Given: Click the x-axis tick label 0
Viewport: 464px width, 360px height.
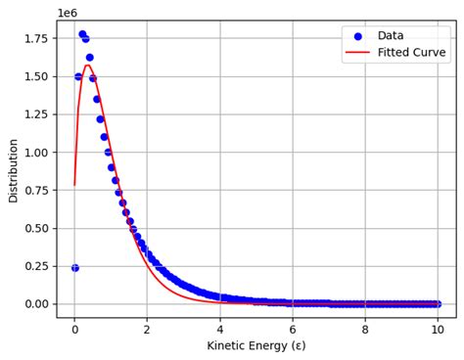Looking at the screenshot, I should click(x=74, y=330).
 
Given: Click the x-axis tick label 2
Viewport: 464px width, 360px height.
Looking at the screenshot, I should click(x=147, y=330).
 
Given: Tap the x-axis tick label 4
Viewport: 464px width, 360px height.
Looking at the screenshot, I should click(x=220, y=330).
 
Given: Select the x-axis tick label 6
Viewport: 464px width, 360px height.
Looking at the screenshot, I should click(x=293, y=330).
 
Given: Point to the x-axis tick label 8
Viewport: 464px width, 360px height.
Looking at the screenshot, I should click(x=365, y=330).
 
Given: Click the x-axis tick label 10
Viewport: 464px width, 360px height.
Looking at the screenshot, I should click(x=438, y=330).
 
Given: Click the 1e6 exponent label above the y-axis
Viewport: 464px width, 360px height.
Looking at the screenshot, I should click(x=68, y=13).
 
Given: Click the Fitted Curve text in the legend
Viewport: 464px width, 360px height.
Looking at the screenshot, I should click(x=411, y=53).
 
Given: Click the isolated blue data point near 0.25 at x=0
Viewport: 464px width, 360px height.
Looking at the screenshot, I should click(x=74, y=267).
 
